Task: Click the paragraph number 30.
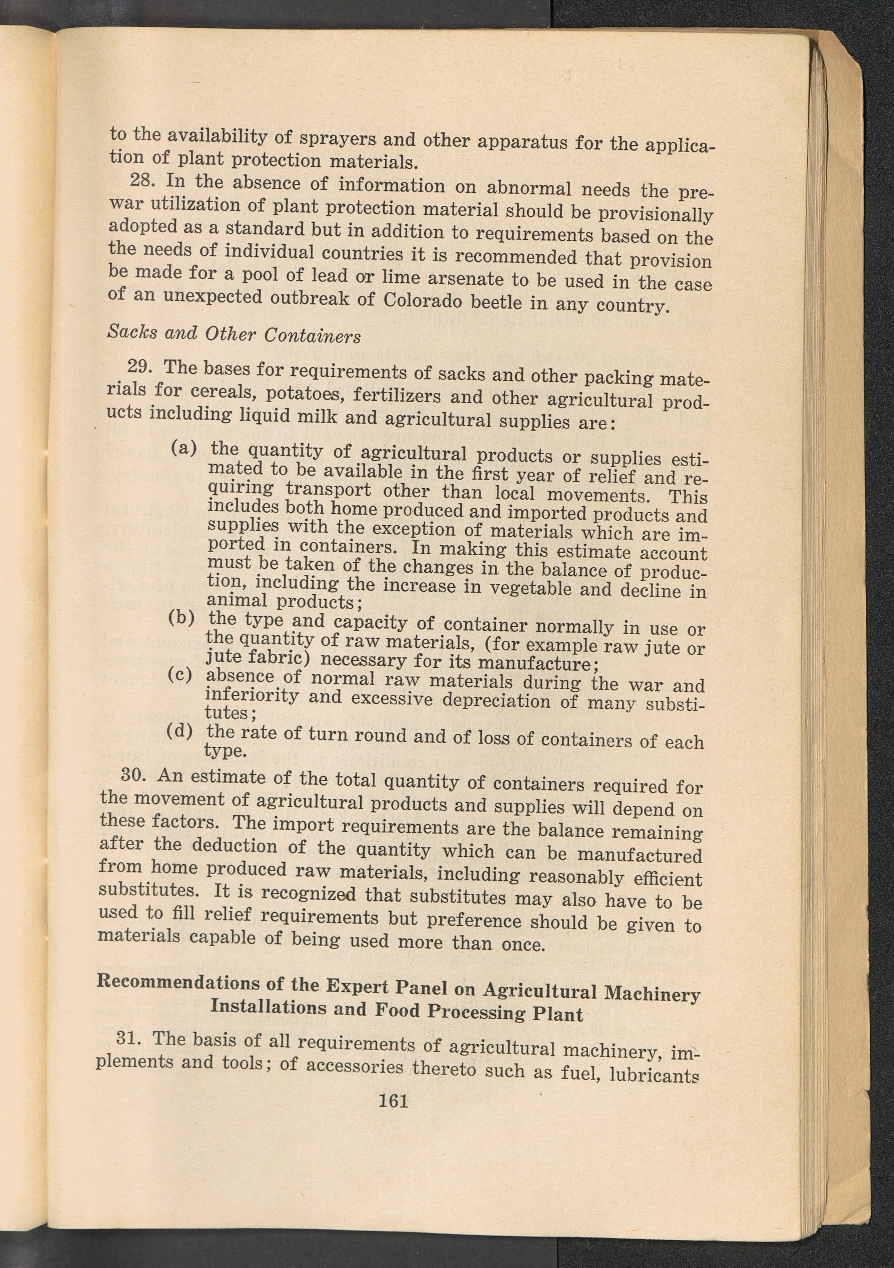coord(132,775)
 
